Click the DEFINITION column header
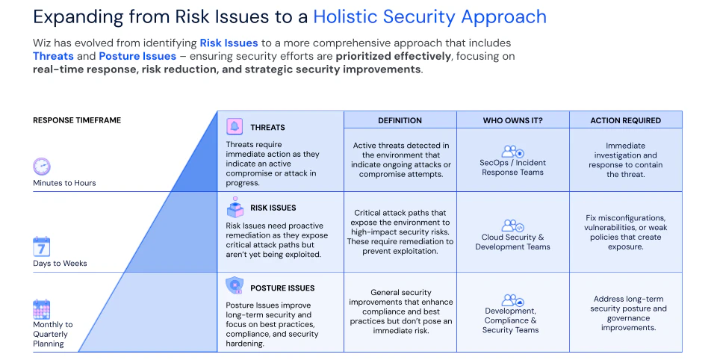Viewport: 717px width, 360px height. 400,120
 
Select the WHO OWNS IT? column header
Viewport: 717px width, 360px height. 512,120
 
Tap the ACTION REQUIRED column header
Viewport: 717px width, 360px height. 626,120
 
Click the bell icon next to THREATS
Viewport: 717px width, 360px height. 235,126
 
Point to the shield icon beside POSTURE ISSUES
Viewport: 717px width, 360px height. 235,285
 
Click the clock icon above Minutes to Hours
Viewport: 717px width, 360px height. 42,166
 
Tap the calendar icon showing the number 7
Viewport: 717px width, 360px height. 42,247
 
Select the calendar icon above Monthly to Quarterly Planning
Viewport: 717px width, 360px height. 42,309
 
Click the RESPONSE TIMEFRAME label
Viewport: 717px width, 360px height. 77,120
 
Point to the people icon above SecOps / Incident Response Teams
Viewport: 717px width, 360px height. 512,152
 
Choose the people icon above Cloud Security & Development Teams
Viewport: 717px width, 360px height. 512,226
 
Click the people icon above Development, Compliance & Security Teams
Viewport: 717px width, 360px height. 512,300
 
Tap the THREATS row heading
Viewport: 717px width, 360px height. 267,128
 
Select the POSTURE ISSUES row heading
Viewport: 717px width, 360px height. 282,288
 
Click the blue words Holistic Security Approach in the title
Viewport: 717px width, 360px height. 430,17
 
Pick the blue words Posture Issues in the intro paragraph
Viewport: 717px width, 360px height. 137,56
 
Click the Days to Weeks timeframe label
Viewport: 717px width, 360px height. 60,264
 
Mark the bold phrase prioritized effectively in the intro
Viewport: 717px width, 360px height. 394,56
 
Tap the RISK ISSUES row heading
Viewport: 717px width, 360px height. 273,208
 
